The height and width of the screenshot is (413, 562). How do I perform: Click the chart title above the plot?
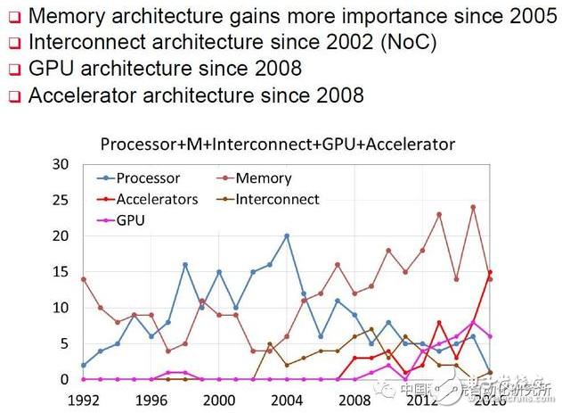point(277,144)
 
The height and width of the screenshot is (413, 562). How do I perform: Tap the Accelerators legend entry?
point(157,198)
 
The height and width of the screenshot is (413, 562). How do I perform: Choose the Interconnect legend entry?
point(277,198)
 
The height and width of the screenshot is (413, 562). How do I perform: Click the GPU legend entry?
point(129,219)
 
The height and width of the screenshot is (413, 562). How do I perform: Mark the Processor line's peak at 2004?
point(286,235)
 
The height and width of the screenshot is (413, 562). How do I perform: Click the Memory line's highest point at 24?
point(472,207)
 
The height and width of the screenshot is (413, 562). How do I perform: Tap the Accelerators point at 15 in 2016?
point(490,272)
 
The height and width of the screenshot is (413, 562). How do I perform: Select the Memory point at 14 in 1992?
point(84,279)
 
